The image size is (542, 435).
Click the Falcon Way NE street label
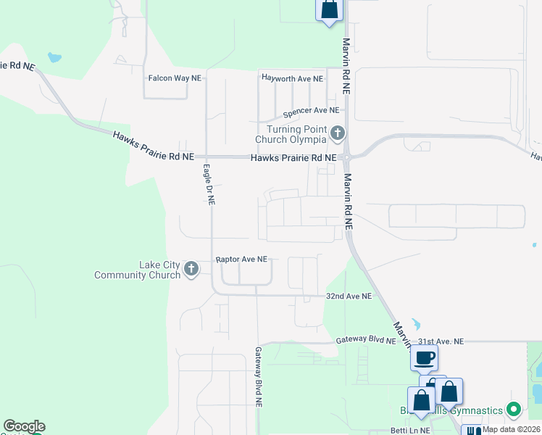point(175,78)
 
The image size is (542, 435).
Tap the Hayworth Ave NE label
point(292,78)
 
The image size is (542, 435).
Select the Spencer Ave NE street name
point(311,111)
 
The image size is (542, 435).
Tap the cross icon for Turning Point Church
point(337,133)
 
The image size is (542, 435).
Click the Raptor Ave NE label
point(242,259)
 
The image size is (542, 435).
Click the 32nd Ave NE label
point(349,297)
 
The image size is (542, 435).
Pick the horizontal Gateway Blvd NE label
point(366,341)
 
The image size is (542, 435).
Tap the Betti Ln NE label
point(409,431)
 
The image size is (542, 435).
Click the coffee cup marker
point(425,356)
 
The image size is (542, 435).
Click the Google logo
point(24,427)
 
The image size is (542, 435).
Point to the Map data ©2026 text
point(511,429)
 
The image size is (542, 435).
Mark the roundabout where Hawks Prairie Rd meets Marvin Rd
point(347,157)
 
